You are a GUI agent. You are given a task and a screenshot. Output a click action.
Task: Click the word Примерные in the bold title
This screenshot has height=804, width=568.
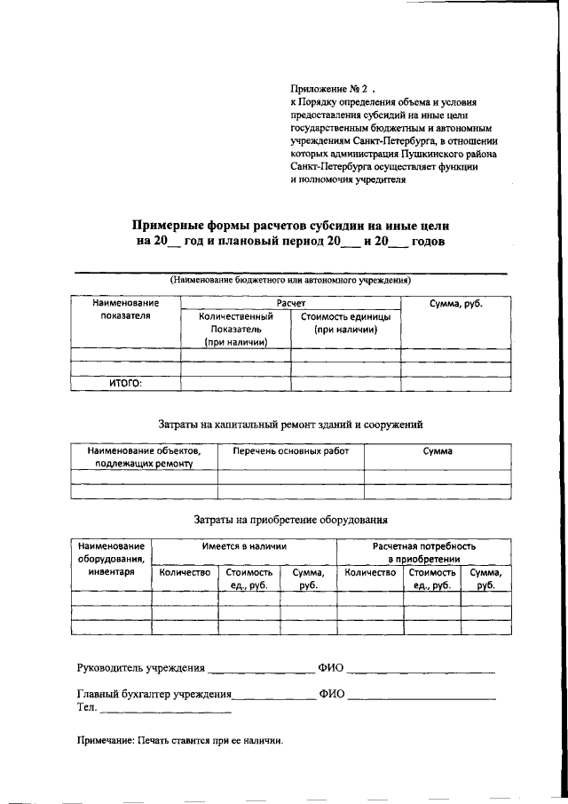tap(170, 225)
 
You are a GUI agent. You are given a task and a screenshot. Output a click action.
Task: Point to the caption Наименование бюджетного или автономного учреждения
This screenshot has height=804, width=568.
tap(290, 280)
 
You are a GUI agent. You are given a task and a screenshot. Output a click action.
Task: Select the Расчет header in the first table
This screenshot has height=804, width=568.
tap(290, 303)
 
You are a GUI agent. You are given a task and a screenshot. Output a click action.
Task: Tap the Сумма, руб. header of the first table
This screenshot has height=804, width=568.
tap(456, 304)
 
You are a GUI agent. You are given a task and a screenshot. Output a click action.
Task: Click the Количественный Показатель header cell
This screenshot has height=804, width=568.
tap(235, 329)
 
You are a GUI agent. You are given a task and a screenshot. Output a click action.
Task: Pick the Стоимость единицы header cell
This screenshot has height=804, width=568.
tap(345, 322)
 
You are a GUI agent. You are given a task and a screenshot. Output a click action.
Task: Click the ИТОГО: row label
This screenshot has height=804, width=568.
tap(125, 384)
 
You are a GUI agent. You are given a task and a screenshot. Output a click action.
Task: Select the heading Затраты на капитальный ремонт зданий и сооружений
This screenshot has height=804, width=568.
tap(290, 425)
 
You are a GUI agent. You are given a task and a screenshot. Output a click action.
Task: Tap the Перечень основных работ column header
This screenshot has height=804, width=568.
tap(290, 451)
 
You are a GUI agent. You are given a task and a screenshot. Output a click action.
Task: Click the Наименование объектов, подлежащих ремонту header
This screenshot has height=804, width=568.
tap(144, 458)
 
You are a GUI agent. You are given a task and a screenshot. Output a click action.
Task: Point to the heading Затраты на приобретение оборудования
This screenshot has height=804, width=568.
tap(290, 520)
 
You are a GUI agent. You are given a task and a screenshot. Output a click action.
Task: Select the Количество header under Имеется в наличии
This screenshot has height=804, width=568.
tap(185, 573)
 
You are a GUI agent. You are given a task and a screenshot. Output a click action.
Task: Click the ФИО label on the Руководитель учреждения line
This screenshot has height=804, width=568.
tap(330, 668)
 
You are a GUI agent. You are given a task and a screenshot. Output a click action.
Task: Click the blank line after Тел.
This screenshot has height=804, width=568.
tap(166, 711)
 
